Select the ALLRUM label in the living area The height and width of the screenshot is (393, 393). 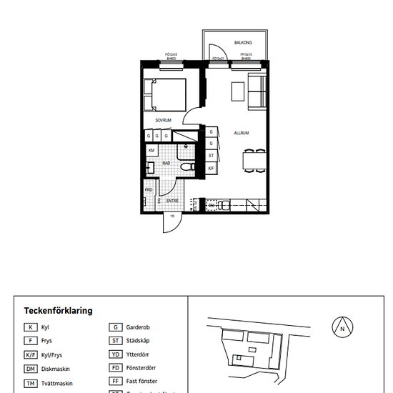pyautogui.click(x=242, y=133)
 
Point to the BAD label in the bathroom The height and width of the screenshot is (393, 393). pyautogui.click(x=166, y=163)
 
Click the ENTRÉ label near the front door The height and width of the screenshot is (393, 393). pyautogui.click(x=172, y=201)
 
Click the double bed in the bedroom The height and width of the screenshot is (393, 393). pyautogui.click(x=165, y=94)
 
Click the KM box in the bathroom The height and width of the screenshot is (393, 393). pyautogui.click(x=151, y=151)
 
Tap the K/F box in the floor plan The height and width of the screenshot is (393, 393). pyautogui.click(x=212, y=168)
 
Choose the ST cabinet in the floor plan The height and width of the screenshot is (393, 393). pyautogui.click(x=212, y=155)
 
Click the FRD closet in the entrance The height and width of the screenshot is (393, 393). pyautogui.click(x=149, y=191)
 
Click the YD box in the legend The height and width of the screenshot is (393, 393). pyautogui.click(x=116, y=354)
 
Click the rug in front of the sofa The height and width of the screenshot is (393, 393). pyautogui.click(x=239, y=91)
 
